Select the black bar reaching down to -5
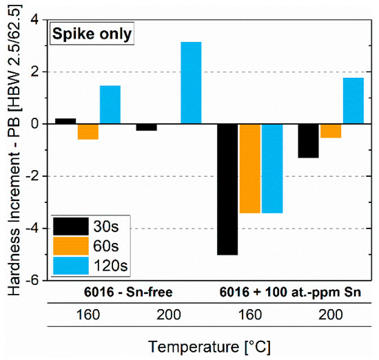(x=227, y=189)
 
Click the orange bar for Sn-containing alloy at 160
(x=250, y=168)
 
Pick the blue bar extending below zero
(x=273, y=168)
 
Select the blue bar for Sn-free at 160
(x=110, y=105)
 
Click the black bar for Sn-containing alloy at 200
(x=308, y=140)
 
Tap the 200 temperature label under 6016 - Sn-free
(x=168, y=314)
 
